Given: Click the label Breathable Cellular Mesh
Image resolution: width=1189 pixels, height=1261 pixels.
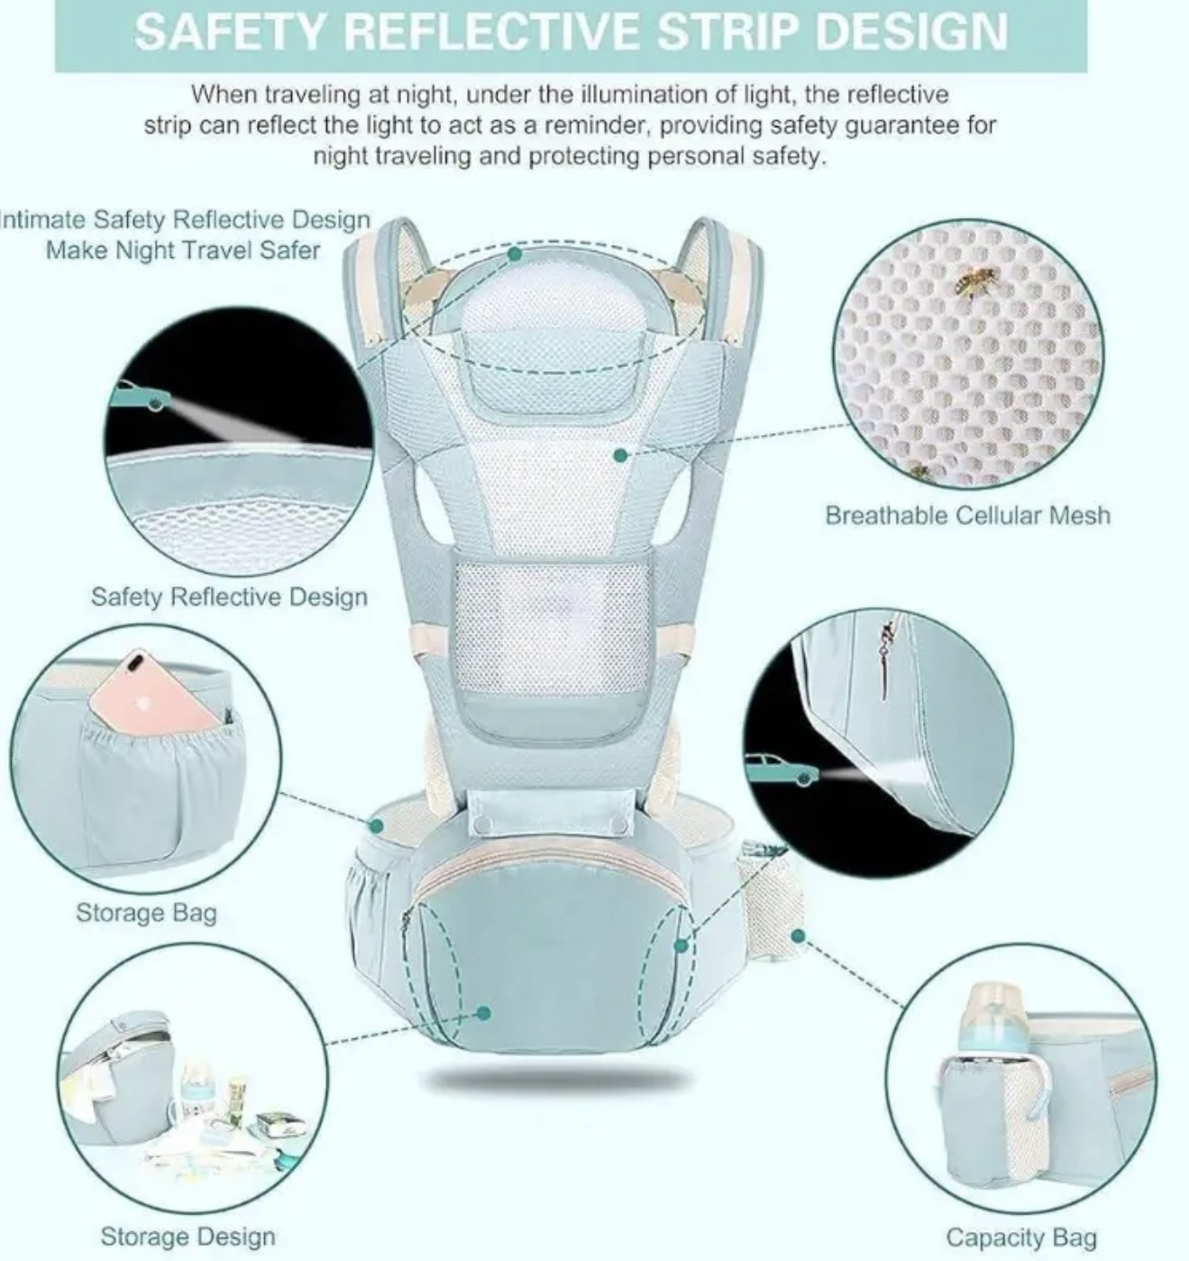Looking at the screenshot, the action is (x=967, y=515).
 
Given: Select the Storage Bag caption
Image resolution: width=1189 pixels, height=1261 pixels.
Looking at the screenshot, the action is (x=146, y=913).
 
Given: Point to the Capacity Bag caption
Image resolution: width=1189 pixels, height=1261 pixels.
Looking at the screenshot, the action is (x=1020, y=1237).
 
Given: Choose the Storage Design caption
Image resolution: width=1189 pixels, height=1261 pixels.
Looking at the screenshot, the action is (x=187, y=1237).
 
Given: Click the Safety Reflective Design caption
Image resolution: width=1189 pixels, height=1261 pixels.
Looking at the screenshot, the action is (x=229, y=597).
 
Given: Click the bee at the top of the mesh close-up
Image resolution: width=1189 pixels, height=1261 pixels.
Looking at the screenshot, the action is (x=976, y=281).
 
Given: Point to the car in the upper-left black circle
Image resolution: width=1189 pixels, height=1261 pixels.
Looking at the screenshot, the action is (x=139, y=394).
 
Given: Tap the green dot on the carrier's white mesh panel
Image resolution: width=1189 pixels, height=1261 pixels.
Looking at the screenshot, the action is (x=621, y=456).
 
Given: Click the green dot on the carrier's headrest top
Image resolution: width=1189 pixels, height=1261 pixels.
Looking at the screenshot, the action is (x=515, y=254).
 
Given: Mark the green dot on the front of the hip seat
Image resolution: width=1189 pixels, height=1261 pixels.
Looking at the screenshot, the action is (x=484, y=1013).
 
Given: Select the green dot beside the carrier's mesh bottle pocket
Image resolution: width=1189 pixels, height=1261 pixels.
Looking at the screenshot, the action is (x=799, y=935).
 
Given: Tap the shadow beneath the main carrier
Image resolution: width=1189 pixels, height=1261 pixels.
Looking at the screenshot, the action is (x=560, y=1081).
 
